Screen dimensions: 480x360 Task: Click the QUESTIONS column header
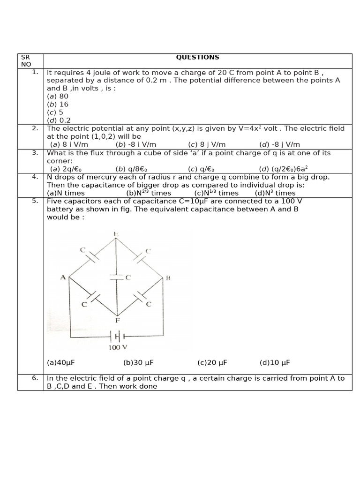pos(197,57)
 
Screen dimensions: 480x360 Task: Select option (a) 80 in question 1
pos(58,96)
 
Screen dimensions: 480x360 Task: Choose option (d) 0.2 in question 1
pos(59,120)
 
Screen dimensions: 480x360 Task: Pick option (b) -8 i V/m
pos(136,144)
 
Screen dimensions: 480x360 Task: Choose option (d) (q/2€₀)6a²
pos(283,169)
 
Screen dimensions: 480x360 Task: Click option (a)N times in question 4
pos(66,193)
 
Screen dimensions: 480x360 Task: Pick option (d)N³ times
pos(275,193)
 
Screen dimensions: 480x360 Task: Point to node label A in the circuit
pos(63,277)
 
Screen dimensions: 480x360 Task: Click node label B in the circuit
pos(168,278)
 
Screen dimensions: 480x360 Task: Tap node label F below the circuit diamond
pos(117,321)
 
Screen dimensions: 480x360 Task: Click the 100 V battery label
pos(118,347)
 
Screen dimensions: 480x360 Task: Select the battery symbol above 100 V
pos(117,336)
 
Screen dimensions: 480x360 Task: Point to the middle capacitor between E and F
pos(116,277)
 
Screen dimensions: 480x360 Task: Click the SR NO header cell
pos(26,60)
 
